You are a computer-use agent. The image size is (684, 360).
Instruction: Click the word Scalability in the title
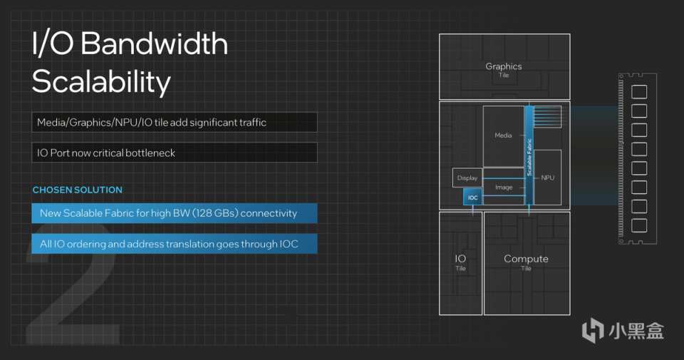tap(101, 82)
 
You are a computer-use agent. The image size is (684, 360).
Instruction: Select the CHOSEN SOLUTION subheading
tap(78, 190)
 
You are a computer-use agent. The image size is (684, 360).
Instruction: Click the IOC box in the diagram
tap(472, 197)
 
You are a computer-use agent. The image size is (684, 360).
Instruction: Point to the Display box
tap(467, 178)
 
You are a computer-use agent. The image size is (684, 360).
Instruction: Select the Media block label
tap(503, 135)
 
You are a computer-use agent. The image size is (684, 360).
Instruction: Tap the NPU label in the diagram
tap(547, 178)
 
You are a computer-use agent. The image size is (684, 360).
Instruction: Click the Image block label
tap(504, 187)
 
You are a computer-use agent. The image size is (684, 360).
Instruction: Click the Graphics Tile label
tap(504, 69)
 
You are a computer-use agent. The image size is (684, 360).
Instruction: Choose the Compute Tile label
tap(526, 262)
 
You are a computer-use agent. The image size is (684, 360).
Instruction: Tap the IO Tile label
tap(460, 262)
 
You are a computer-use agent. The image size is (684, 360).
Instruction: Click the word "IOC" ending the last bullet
tap(288, 244)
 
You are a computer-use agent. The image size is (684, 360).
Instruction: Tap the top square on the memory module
tap(639, 92)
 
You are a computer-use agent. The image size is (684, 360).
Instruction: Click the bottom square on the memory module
tap(639, 226)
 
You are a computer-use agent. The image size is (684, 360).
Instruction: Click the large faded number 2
tap(71, 285)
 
